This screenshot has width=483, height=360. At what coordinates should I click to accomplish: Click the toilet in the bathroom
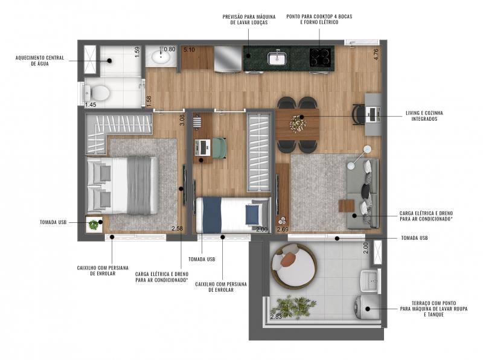tap(97, 92)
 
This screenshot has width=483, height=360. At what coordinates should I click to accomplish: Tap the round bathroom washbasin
tap(161, 57)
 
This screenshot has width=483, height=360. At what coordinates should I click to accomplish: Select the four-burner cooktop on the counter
tap(321, 57)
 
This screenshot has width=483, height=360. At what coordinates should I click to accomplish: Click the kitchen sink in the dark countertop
tap(277, 58)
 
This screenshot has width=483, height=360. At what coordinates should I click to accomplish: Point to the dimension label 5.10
tap(189, 50)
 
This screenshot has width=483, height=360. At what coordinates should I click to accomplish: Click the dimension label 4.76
tap(376, 54)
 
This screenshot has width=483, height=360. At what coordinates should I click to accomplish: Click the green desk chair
tap(219, 148)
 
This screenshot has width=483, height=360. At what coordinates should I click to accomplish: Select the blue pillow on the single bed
tap(252, 214)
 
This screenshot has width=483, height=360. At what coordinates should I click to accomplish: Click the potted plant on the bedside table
tap(93, 225)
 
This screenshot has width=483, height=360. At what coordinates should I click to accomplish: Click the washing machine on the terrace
tap(366, 307)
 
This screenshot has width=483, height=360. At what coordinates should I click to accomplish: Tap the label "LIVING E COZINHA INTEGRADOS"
tap(424, 116)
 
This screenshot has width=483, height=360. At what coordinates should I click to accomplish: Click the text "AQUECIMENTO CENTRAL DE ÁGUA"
tap(40, 61)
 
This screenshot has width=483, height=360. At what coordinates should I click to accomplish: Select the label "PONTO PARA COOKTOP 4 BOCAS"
tap(319, 17)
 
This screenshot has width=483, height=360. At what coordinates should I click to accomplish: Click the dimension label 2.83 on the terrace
tap(276, 317)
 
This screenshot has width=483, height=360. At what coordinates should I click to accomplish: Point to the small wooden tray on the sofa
tap(347, 206)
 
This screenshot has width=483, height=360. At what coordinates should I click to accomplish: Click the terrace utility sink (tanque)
tap(369, 280)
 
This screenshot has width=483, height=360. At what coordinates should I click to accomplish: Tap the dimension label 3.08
tap(182, 120)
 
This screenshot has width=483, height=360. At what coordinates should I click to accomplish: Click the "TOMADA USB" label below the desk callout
tap(202, 259)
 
